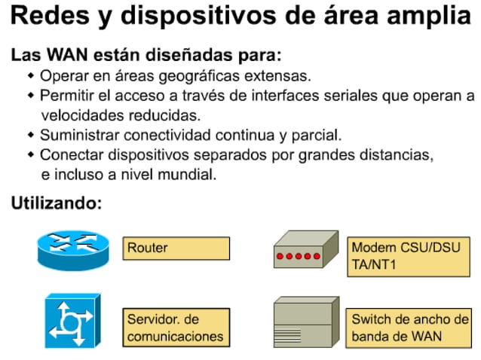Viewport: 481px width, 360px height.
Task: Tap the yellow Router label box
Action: [176, 248]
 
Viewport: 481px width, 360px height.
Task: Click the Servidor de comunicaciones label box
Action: [176, 327]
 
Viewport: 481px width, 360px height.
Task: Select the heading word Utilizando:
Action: [56, 203]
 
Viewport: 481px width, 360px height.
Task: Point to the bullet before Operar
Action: [31, 76]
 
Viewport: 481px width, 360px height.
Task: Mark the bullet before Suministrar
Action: [31, 136]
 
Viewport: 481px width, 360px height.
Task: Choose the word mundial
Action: [189, 175]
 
